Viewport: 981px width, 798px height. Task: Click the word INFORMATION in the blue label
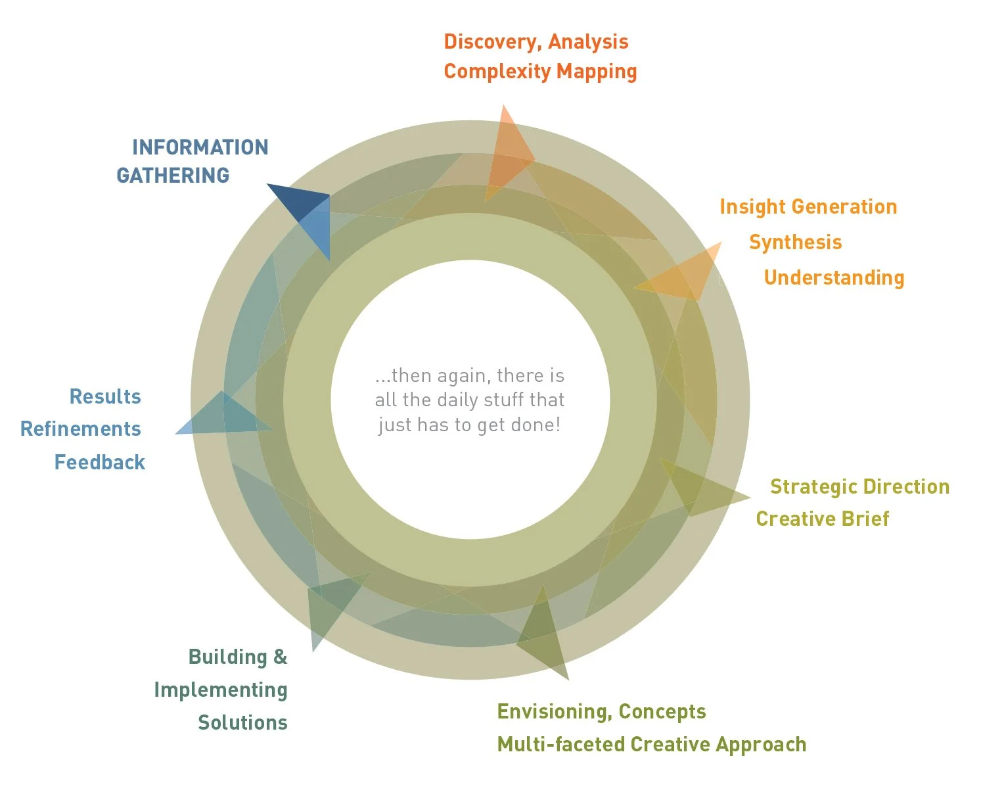[x=200, y=147]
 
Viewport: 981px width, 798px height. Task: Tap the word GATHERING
[x=173, y=176]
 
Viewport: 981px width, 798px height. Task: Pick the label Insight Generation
[x=808, y=207]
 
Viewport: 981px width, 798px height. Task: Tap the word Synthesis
[x=795, y=242]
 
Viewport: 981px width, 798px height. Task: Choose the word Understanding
[x=834, y=277]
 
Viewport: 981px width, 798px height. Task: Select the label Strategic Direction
[x=859, y=486]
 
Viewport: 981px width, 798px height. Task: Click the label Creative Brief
[x=822, y=519]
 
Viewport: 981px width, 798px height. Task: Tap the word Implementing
[x=221, y=690]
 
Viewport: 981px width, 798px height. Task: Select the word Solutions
[x=242, y=722]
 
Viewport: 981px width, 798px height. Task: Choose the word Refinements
[x=81, y=429]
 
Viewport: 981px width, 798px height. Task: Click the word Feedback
[x=99, y=462]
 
